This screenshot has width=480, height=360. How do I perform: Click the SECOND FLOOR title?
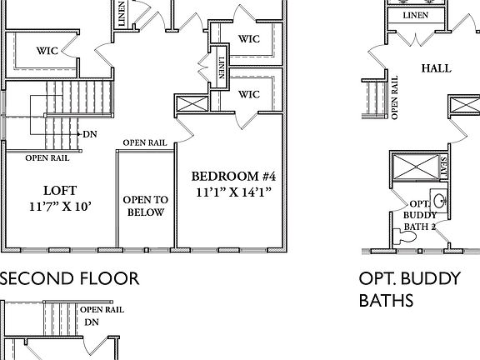[69, 277]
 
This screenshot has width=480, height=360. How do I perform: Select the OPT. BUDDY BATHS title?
[409, 288]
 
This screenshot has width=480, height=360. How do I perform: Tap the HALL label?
[436, 68]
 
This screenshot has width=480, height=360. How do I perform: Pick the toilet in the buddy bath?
[407, 237]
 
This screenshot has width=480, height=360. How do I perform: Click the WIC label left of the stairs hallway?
[47, 51]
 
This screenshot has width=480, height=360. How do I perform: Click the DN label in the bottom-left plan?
[93, 321]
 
